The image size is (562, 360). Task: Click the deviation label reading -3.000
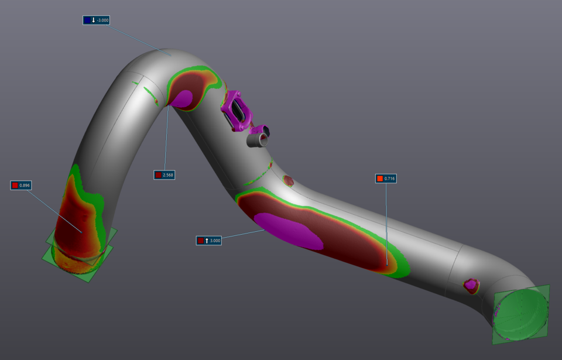pos(97,20)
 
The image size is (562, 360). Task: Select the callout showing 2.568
pos(165,174)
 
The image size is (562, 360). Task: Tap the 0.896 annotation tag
pos(21,185)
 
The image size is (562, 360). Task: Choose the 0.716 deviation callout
pos(386,178)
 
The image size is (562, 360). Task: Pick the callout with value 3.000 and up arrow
pos(209,240)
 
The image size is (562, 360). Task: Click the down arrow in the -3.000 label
pos(93,20)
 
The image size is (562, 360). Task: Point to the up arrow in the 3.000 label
pos(207,240)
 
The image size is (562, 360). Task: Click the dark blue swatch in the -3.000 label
pos(87,20)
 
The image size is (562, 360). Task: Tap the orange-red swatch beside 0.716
pos(380,178)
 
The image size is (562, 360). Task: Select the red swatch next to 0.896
pos(15,185)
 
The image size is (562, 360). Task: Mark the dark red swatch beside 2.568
pos(158,174)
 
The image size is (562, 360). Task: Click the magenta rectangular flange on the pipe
pos(238,110)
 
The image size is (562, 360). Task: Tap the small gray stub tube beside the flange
pos(257,138)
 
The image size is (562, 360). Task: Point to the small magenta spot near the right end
pos(471,285)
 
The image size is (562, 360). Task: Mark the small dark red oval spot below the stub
pos(289,180)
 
